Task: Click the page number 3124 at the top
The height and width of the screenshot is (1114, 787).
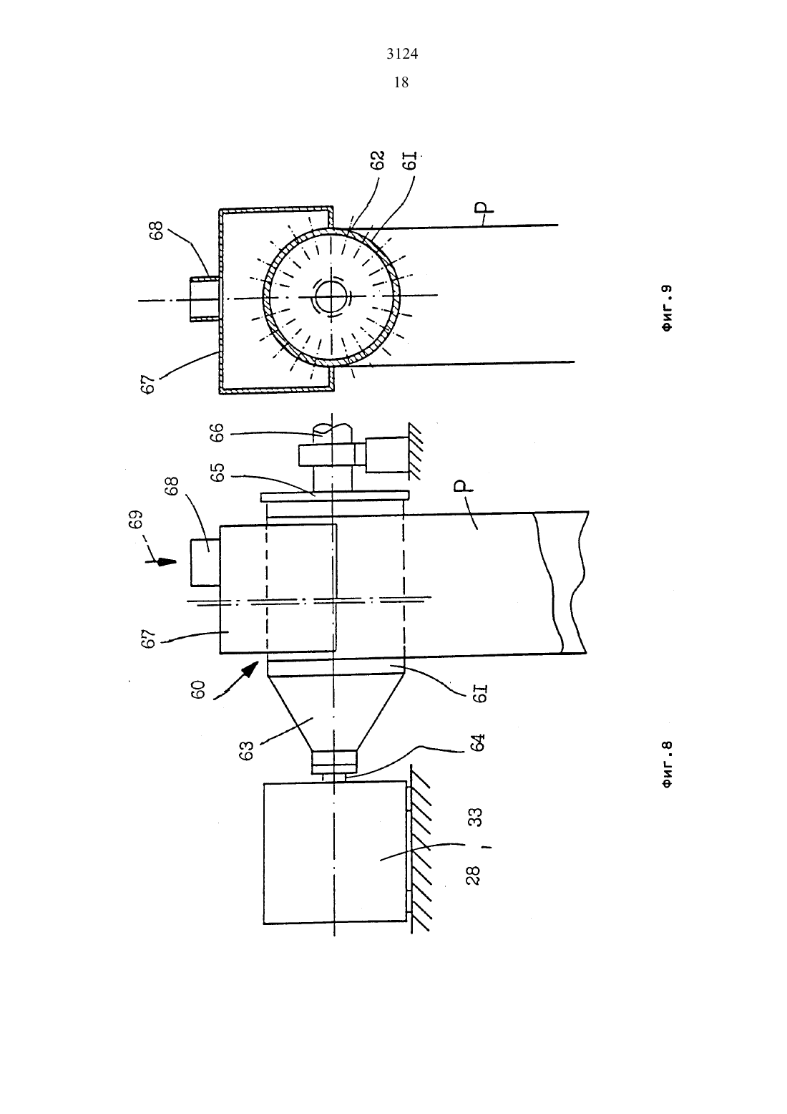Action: (402, 54)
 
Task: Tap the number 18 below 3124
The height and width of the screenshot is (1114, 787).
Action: (401, 82)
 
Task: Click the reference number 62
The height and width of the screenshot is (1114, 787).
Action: (378, 160)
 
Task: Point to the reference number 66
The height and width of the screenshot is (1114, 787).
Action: (217, 432)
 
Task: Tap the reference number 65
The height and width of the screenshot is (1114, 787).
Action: (217, 473)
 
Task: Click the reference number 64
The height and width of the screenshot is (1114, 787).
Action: (477, 742)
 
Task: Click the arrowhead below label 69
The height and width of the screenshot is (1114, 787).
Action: (168, 563)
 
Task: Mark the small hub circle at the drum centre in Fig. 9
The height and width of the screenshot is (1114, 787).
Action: (331, 298)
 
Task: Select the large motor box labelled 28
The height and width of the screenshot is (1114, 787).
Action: (336, 853)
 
